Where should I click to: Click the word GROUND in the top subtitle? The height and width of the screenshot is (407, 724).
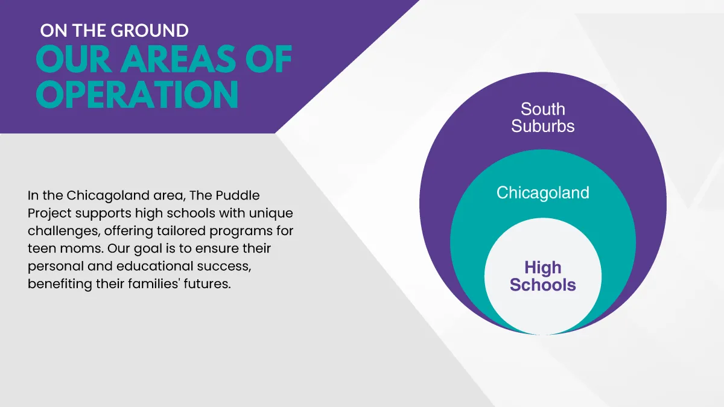click(150, 31)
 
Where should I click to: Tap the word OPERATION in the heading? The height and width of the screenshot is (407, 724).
click(137, 94)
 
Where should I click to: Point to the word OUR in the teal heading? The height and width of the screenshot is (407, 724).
click(74, 59)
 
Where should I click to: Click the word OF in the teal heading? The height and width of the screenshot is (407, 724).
click(268, 59)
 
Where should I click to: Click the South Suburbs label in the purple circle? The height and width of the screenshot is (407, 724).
click(543, 117)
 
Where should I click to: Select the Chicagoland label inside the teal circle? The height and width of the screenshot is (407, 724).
click(543, 193)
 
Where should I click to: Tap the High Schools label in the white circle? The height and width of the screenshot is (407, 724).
click(543, 276)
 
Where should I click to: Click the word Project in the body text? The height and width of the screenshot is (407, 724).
click(49, 213)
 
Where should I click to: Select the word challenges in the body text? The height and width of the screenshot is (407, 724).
click(64, 232)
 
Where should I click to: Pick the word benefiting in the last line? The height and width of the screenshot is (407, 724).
click(60, 284)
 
